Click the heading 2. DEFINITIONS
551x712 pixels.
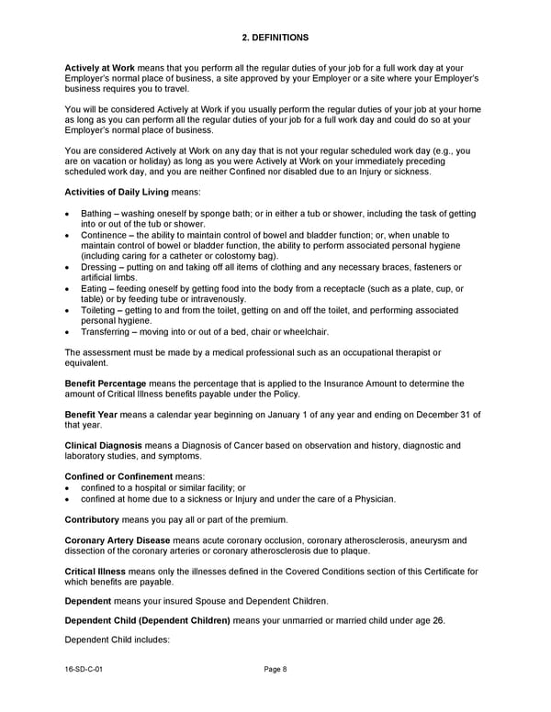point(275,38)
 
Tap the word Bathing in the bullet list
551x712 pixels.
point(98,214)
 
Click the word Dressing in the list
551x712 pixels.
point(100,267)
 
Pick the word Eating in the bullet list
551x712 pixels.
point(95,288)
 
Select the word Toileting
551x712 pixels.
point(100,310)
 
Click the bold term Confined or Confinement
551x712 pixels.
point(118,477)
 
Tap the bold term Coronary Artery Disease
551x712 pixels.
point(118,540)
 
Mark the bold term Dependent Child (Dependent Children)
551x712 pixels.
point(147,621)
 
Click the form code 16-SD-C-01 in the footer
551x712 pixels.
point(84,670)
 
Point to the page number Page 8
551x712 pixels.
point(275,670)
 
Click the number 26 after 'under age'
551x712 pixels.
point(438,621)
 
